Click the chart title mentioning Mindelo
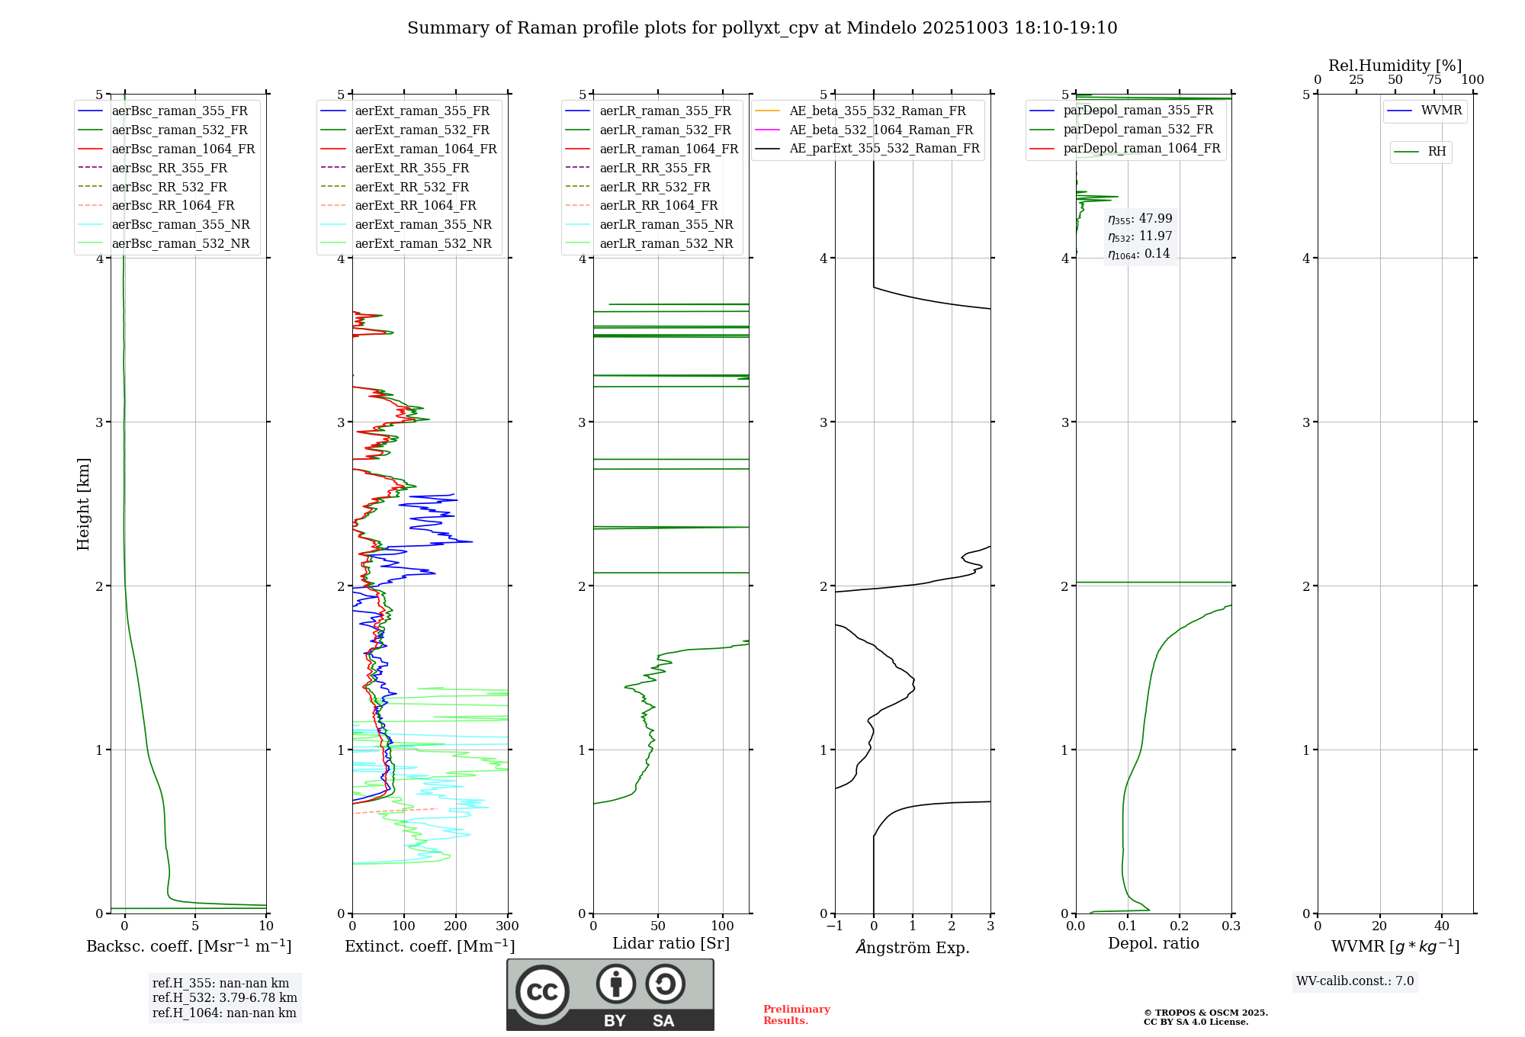[x=762, y=28]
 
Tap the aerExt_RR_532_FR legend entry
[x=412, y=188]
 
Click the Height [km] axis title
[x=83, y=504]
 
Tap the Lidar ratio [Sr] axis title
[x=671, y=944]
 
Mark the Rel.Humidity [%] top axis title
[x=1395, y=66]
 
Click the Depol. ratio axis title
[x=1153, y=944]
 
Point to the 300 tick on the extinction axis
[x=508, y=926]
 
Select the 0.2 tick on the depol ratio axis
[x=1180, y=926]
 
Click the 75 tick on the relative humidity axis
[x=1434, y=80]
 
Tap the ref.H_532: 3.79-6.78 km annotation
[x=224, y=998]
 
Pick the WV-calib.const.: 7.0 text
[x=1355, y=981]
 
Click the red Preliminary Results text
[x=796, y=1015]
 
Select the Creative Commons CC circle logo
[x=542, y=992]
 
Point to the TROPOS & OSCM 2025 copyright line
[x=1206, y=1013]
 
